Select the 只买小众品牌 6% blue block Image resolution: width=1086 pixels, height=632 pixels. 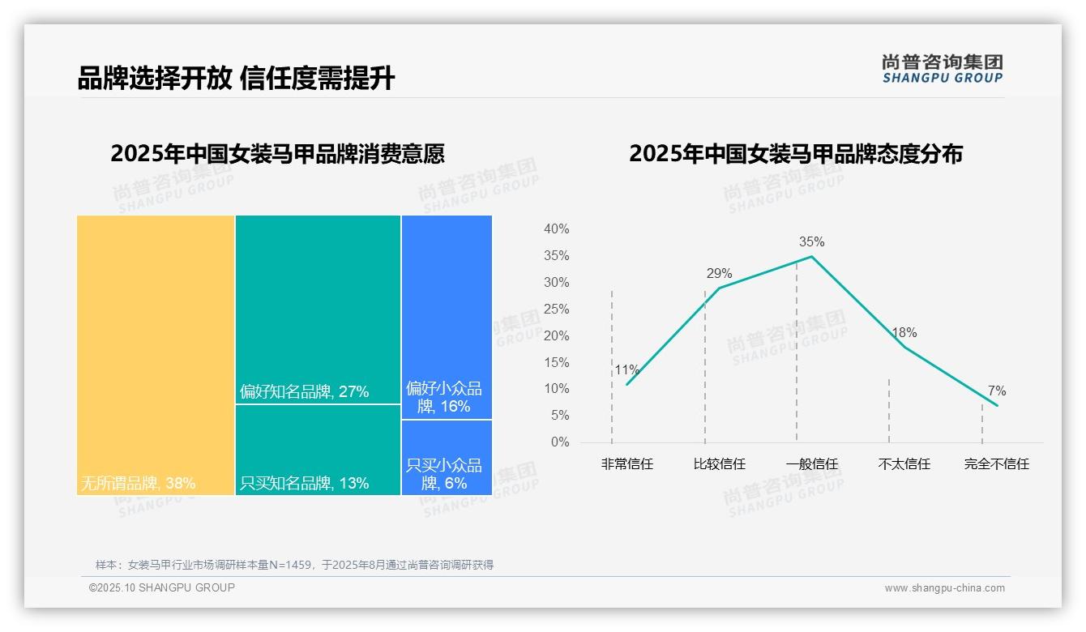coord(447,456)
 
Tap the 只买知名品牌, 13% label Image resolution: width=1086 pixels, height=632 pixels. coord(304,484)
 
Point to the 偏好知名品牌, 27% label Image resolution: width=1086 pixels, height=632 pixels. coord(304,392)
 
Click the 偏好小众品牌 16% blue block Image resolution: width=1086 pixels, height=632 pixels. coord(447,316)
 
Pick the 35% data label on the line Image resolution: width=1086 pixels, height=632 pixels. coord(811,241)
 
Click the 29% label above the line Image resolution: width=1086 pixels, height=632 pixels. coord(719,273)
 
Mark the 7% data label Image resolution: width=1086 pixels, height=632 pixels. coord(996,391)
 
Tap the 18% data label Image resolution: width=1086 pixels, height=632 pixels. coord(904,332)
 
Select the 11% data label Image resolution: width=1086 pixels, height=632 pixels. coord(626,370)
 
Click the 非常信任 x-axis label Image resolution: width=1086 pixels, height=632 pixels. coord(626,464)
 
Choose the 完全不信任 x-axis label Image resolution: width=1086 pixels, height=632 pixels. coord(996,464)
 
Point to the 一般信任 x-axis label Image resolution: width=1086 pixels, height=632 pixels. coord(811,464)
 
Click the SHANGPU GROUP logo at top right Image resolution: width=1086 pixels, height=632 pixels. coord(942,69)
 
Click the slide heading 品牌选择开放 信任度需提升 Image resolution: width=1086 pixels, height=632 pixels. coord(236,79)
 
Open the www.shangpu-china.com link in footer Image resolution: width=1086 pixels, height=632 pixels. coord(944,588)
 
